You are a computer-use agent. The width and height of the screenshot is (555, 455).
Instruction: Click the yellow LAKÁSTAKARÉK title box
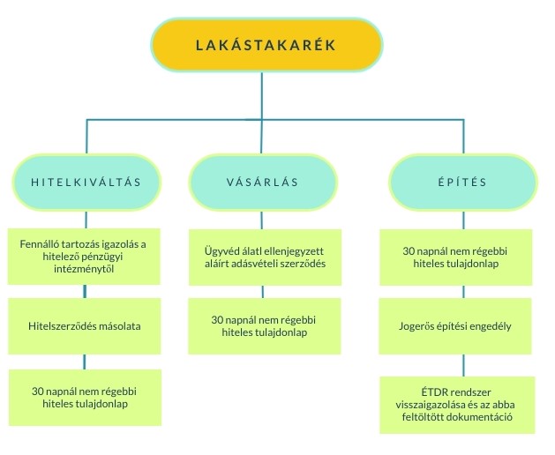click(x=266, y=45)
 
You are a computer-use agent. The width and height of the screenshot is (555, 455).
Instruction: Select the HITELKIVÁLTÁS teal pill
click(x=86, y=183)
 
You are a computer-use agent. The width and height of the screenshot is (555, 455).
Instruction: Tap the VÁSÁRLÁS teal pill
click(x=262, y=183)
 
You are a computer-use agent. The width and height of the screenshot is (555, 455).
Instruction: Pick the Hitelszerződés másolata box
click(x=85, y=325)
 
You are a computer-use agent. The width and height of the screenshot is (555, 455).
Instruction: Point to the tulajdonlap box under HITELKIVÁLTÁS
click(x=85, y=398)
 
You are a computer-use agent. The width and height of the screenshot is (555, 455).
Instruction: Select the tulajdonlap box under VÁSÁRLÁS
click(x=265, y=325)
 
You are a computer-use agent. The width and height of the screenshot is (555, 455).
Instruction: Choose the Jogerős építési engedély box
click(x=456, y=325)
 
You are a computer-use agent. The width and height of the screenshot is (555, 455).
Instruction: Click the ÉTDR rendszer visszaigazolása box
click(x=457, y=405)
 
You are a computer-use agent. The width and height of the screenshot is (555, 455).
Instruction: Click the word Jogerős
click(x=420, y=325)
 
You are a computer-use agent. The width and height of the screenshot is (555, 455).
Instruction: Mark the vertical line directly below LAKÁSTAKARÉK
click(x=262, y=95)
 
